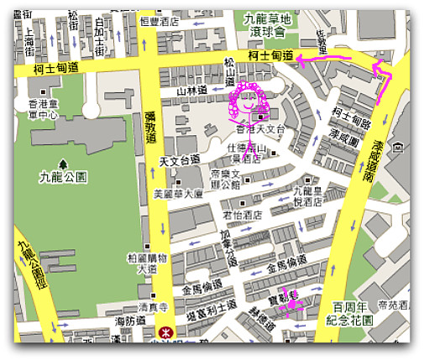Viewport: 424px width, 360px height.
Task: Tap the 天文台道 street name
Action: coord(179,159)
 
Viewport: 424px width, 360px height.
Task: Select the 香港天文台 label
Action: coord(261,130)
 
